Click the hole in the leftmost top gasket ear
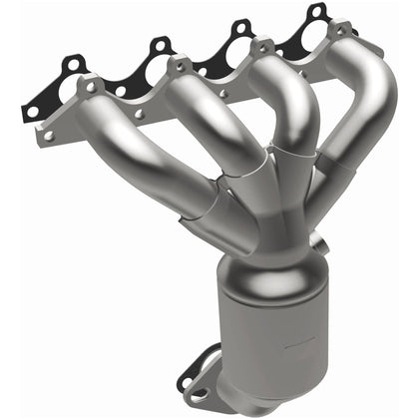tap(73, 65)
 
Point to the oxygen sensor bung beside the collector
tap(317, 242)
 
